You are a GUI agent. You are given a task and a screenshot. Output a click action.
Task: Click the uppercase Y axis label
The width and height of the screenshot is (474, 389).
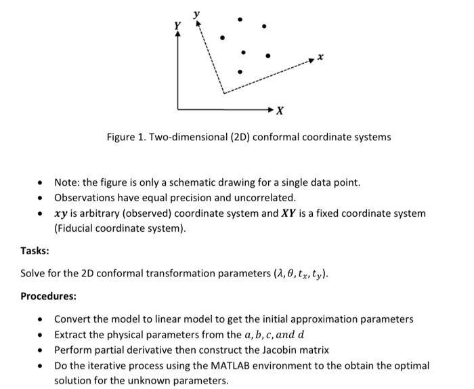click(x=177, y=25)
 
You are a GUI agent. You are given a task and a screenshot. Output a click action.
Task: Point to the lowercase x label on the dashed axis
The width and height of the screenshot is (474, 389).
click(x=322, y=58)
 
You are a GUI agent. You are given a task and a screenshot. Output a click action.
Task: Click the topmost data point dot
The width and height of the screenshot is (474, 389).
click(x=237, y=18)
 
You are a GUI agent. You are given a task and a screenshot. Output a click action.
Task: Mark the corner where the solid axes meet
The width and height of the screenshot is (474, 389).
click(x=178, y=108)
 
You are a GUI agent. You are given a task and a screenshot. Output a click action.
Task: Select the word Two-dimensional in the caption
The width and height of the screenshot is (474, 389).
click(x=182, y=137)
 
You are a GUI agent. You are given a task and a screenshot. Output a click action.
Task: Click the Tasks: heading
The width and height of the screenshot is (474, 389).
click(x=35, y=251)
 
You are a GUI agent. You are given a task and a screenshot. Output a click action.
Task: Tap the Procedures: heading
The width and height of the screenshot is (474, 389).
click(x=48, y=296)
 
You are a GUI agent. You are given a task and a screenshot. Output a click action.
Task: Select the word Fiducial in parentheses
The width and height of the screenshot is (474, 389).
click(x=75, y=228)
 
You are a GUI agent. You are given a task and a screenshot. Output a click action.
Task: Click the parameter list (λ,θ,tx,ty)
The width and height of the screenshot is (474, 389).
click(x=301, y=274)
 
